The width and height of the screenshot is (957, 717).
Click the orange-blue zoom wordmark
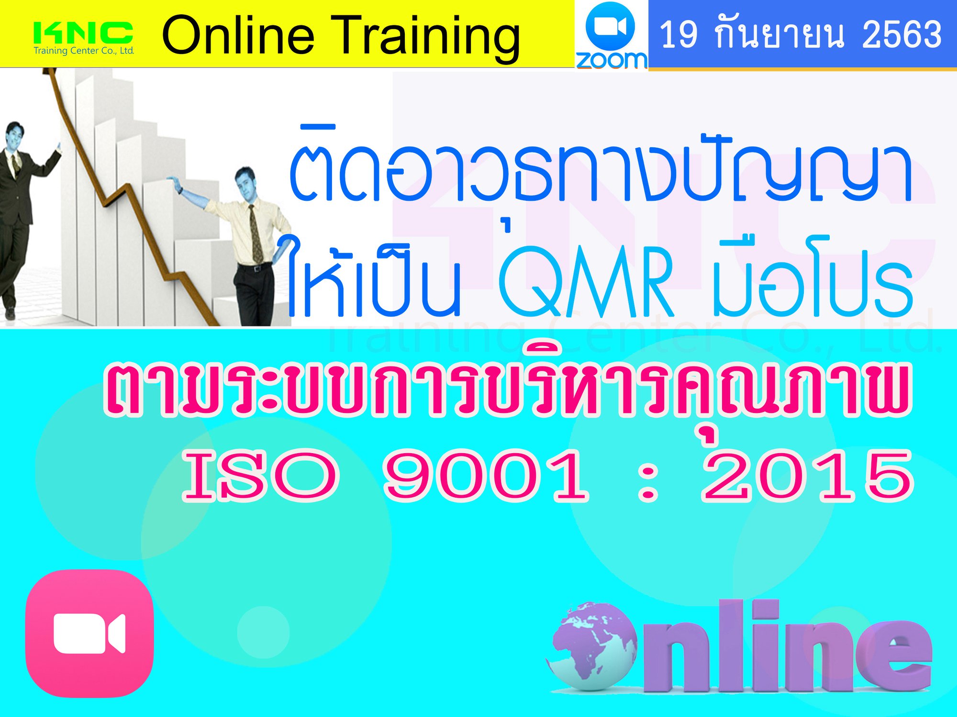pyautogui.click(x=612, y=60)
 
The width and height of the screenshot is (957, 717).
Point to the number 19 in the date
pyautogui.click(x=679, y=34)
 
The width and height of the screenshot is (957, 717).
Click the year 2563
pyautogui.click(x=902, y=34)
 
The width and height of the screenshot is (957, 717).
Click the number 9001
pyautogui.click(x=486, y=476)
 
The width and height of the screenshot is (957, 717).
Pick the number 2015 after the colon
pyautogui.click(x=808, y=476)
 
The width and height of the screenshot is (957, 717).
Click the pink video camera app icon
pyautogui.click(x=89, y=633)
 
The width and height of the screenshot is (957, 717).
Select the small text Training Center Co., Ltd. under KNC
pyautogui.click(x=84, y=50)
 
